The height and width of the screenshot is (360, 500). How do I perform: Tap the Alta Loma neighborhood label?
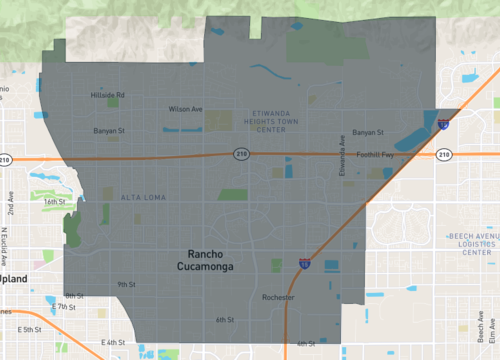pyautogui.click(x=138, y=197)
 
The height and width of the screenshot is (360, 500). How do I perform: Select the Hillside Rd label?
pyautogui.click(x=107, y=95)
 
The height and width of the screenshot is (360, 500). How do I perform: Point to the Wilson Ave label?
pyautogui.click(x=186, y=108)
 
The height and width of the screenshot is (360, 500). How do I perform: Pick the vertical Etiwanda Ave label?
pyautogui.click(x=342, y=150)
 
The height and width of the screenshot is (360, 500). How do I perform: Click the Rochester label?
pyautogui.click(x=278, y=298)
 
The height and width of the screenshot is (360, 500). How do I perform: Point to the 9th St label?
pyautogui.click(x=126, y=284)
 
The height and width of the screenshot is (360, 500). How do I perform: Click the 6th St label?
pyautogui.click(x=224, y=320)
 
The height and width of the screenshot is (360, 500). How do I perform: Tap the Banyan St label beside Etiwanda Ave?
pyautogui.click(x=368, y=132)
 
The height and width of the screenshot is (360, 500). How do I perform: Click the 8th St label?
pyautogui.click(x=74, y=296)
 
